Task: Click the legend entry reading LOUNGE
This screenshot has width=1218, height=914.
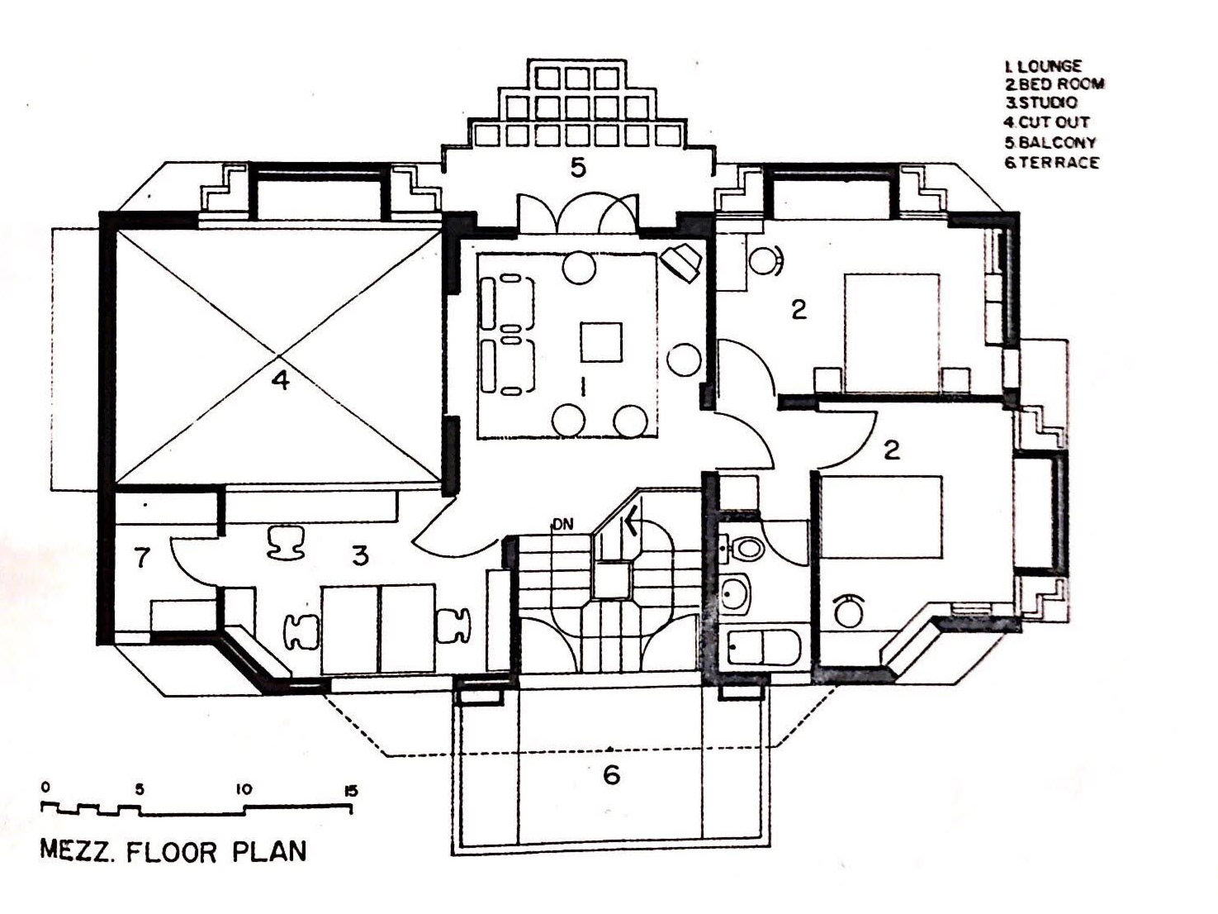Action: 1043,66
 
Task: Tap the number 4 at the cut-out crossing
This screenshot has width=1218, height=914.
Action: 281,381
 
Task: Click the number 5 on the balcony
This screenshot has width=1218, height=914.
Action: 578,169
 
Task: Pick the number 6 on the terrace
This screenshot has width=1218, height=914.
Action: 611,775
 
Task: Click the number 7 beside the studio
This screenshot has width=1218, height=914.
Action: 142,559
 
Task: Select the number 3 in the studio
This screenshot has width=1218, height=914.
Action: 360,556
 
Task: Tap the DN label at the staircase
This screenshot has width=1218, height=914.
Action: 562,524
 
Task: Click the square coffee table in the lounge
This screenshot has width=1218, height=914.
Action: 600,342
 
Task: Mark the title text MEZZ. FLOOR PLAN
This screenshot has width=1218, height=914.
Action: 173,852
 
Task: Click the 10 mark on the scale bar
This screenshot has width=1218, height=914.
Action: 244,790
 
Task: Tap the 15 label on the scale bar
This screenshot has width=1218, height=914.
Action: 350,791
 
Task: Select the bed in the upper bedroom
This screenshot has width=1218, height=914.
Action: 892,332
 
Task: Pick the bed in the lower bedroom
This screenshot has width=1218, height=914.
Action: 881,516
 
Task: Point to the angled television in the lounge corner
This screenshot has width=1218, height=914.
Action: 682,262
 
